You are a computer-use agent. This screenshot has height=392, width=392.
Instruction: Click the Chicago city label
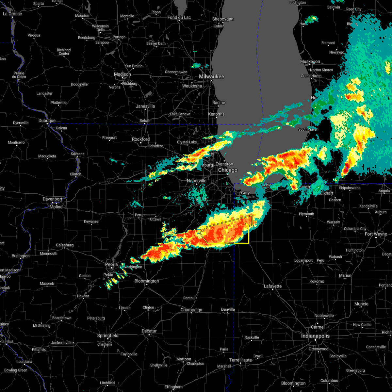click(228, 170)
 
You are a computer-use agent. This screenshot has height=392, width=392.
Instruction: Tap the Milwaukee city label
click(212, 76)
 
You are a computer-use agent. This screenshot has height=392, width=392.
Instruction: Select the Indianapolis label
click(315, 336)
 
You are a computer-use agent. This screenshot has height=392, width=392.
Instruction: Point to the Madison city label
click(122, 74)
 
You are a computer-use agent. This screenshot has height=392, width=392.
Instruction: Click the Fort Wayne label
click(376, 234)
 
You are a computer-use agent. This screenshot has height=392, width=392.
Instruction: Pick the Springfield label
click(108, 335)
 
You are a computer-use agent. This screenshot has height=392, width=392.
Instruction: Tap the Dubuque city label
click(47, 121)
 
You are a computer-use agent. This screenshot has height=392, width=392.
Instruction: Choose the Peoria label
click(111, 264)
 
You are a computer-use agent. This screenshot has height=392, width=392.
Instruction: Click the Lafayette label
click(272, 286)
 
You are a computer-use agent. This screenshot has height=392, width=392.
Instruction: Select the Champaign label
click(191, 310)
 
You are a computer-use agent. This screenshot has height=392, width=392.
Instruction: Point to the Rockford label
click(141, 139)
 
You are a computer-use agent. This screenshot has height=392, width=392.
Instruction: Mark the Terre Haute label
click(240, 360)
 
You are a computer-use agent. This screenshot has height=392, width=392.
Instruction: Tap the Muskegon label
click(310, 61)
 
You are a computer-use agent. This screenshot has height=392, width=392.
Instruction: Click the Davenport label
click(53, 199)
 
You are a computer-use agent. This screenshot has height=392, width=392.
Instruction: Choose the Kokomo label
click(317, 281)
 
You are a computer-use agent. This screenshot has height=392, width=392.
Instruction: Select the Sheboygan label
click(223, 19)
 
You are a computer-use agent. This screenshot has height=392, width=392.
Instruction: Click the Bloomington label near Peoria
click(147, 281)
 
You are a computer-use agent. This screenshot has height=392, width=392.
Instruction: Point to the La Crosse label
click(12, 14)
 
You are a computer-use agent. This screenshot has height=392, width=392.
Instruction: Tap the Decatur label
click(149, 331)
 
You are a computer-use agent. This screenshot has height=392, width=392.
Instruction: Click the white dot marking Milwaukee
click(211, 81)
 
